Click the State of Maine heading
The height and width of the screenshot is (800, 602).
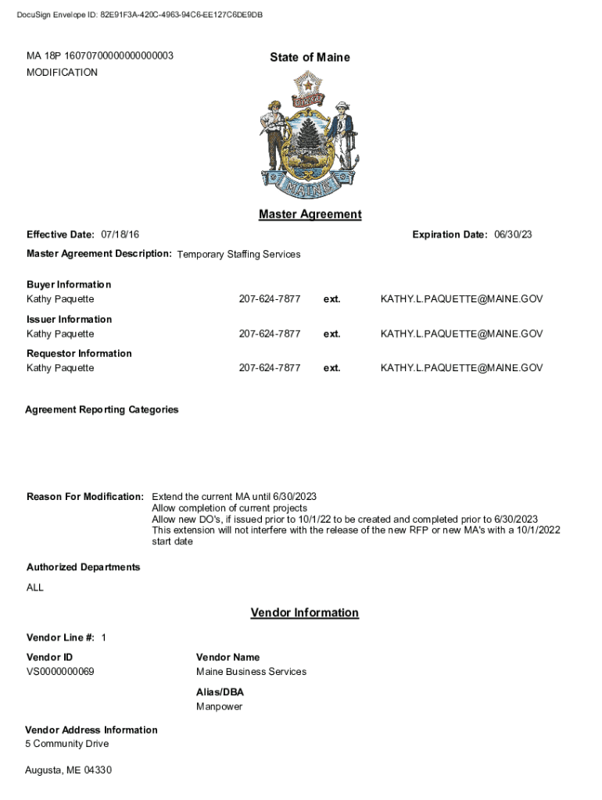(x=310, y=57)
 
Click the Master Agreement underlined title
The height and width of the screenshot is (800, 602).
(x=310, y=214)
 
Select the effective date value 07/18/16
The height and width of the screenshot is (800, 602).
(x=120, y=235)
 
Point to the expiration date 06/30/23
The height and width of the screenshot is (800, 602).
(x=514, y=235)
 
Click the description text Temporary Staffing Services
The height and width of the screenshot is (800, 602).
(x=238, y=255)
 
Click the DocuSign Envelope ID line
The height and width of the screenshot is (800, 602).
(x=139, y=16)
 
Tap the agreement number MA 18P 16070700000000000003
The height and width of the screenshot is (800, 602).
(x=100, y=56)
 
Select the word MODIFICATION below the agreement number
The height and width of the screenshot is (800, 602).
(x=63, y=73)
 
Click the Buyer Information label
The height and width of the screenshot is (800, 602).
(x=69, y=284)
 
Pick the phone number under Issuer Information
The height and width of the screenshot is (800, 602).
(x=270, y=334)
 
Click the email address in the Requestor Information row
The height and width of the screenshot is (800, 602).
(x=461, y=368)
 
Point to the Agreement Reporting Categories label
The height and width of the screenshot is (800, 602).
(x=102, y=409)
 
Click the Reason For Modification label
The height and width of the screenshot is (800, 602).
(x=85, y=497)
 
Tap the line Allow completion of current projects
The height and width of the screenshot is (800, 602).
(x=229, y=509)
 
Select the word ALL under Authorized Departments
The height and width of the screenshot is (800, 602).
(x=35, y=587)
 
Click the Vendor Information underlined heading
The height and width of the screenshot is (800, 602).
(x=304, y=613)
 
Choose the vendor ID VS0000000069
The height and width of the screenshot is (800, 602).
(x=60, y=672)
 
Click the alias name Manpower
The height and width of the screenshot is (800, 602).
(x=219, y=707)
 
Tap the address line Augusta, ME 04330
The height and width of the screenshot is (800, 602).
(x=68, y=771)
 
